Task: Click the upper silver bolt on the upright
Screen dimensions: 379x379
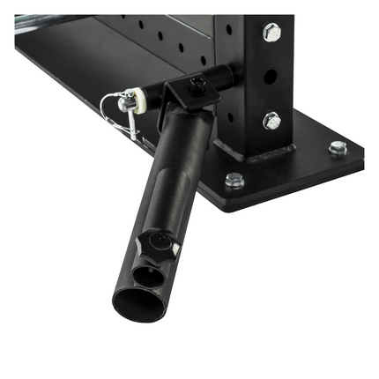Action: pos(271,33)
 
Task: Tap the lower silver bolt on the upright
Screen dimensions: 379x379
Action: pos(271,121)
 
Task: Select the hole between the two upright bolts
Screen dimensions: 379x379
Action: pos(271,76)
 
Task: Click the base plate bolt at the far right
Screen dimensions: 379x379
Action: pos(338,147)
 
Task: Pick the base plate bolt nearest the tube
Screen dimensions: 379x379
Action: pos(234,180)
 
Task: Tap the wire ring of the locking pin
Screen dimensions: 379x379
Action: pos(111,108)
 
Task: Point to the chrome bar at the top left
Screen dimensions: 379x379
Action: pos(53,18)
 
